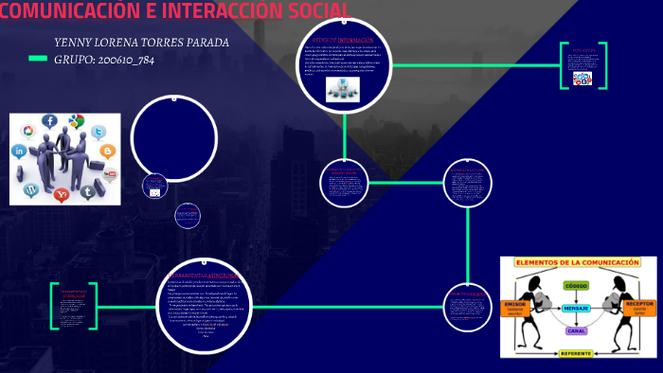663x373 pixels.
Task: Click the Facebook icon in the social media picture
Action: pyautogui.click(x=48, y=121)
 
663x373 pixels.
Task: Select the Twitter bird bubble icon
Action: pyautogui.click(x=88, y=192)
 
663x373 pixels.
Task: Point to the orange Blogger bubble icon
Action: pyautogui.click(x=107, y=151)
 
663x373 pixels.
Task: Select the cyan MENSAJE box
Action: pyautogui.click(x=576, y=309)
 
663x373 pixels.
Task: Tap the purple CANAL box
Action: pyautogui.click(x=576, y=330)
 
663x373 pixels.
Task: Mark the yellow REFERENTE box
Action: pyautogui.click(x=576, y=353)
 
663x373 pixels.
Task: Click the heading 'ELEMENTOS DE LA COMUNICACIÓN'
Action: pyautogui.click(x=577, y=261)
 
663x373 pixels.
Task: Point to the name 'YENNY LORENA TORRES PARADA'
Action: pyautogui.click(x=142, y=43)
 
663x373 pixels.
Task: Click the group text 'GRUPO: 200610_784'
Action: pyautogui.click(x=104, y=59)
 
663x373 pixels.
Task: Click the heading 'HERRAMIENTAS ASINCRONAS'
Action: pyautogui.click(x=203, y=275)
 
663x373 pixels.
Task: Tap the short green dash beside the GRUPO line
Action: pyautogui.click(x=38, y=59)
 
